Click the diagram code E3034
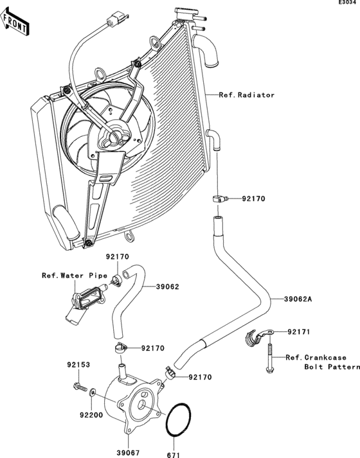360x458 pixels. (x=348, y=4)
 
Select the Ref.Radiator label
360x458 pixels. (x=246, y=95)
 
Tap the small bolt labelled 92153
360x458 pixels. (x=80, y=387)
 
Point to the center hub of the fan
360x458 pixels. (x=114, y=136)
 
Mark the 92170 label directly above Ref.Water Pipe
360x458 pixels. (x=117, y=257)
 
